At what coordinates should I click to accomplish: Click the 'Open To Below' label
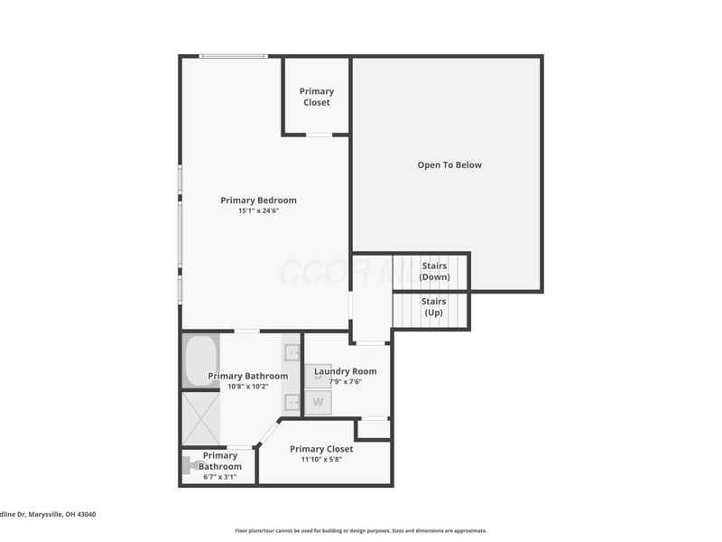pyautogui.click(x=449, y=165)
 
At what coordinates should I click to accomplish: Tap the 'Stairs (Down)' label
pyautogui.click(x=434, y=272)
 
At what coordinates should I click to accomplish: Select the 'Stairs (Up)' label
pyautogui.click(x=434, y=307)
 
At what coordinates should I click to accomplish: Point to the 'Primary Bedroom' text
pyautogui.click(x=258, y=201)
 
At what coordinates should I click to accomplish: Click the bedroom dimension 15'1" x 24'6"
pyautogui.click(x=258, y=210)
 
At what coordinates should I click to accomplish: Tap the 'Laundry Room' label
pyautogui.click(x=345, y=371)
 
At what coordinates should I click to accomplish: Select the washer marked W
pyautogui.click(x=318, y=402)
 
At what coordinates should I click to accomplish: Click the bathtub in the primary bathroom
pyautogui.click(x=200, y=360)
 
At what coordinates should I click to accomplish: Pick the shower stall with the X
pyautogui.click(x=200, y=417)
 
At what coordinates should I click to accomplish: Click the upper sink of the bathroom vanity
pyautogui.click(x=292, y=353)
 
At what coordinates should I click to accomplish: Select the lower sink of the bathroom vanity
pyautogui.click(x=292, y=402)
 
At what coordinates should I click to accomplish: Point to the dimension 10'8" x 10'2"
pyautogui.click(x=247, y=386)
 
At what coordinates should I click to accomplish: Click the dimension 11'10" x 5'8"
pyautogui.click(x=320, y=459)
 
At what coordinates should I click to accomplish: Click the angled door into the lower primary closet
pyautogui.click(x=268, y=432)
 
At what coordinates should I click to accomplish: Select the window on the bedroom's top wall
pyautogui.click(x=233, y=57)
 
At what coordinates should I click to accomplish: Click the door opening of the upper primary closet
pyautogui.click(x=319, y=135)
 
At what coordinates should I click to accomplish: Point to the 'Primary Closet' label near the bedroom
pyautogui.click(x=317, y=97)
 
